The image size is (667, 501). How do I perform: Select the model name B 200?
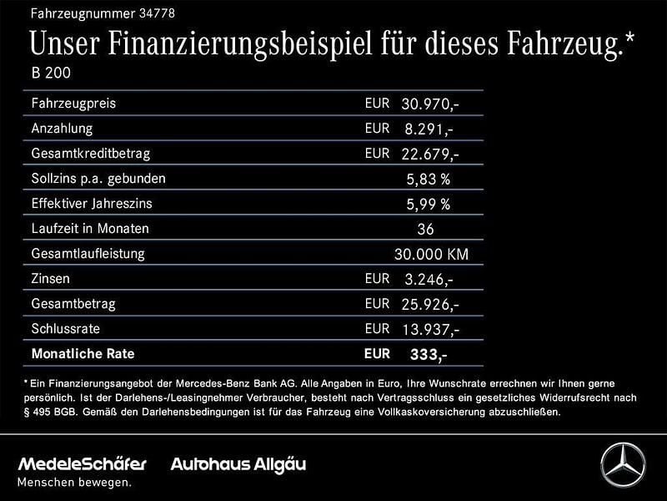click(51, 73)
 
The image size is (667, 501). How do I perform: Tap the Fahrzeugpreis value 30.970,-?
click(429, 104)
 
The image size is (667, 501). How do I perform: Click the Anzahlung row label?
click(62, 129)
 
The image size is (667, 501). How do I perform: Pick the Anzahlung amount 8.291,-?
click(429, 129)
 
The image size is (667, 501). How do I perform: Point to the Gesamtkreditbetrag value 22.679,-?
click(429, 154)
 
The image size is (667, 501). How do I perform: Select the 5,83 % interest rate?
click(428, 179)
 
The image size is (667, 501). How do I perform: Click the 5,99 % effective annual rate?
click(428, 204)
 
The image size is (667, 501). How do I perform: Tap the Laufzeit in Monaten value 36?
click(425, 229)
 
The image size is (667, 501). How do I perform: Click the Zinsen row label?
click(50, 278)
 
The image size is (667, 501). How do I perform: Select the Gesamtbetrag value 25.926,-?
click(429, 304)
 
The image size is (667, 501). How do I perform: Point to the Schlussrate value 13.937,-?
click(429, 329)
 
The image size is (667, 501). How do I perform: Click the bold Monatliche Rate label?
click(82, 353)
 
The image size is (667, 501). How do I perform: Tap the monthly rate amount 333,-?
click(429, 355)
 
